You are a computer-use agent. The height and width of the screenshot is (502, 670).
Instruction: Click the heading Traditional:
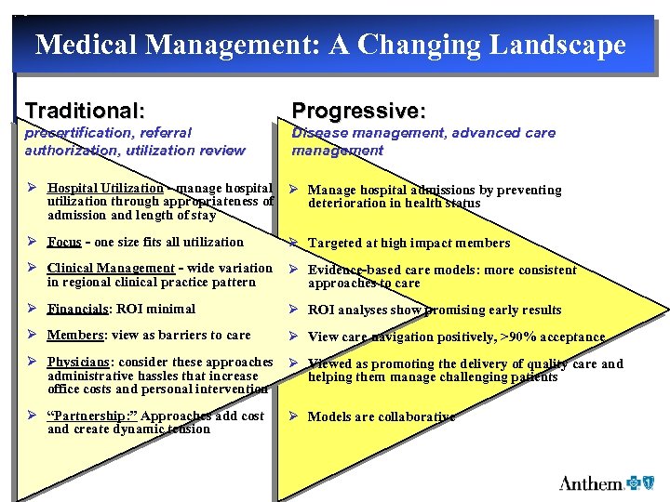[85, 111]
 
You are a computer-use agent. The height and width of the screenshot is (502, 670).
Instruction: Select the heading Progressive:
[358, 112]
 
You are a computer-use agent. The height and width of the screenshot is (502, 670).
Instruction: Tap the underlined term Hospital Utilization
[105, 189]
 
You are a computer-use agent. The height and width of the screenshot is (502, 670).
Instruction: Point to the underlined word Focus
[64, 242]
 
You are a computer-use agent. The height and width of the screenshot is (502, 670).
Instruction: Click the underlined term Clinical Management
[111, 269]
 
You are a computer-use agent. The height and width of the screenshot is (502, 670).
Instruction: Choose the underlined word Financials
[79, 309]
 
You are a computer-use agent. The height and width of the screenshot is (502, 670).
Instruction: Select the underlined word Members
[74, 335]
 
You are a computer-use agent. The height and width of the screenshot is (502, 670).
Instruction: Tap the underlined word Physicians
[80, 363]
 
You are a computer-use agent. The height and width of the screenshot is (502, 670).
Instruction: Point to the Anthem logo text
[590, 483]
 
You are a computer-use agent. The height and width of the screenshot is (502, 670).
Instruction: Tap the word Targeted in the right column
[335, 243]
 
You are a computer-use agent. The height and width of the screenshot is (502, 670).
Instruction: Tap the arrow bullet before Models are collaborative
[291, 416]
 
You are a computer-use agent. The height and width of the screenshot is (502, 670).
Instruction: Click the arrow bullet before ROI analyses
[291, 310]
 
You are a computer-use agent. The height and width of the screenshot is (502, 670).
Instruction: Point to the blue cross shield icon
[636, 483]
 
